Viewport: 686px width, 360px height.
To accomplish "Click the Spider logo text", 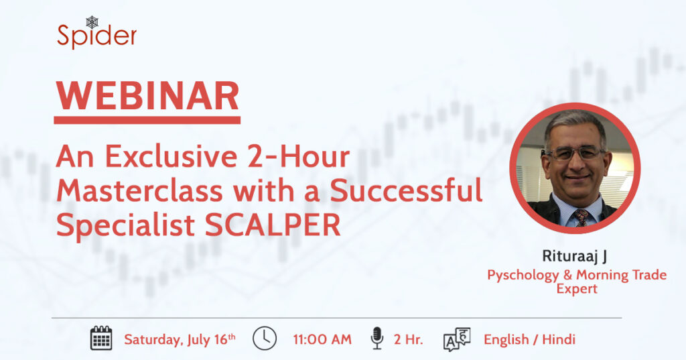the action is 96,36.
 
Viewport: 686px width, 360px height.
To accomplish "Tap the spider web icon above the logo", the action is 92,22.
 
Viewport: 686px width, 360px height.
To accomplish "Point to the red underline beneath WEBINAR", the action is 147,120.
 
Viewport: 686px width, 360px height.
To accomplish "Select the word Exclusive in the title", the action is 171,156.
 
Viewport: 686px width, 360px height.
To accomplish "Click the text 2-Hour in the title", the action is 298,156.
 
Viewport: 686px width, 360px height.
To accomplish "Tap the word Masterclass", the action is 139,191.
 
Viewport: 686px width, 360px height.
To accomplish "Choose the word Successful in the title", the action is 406,191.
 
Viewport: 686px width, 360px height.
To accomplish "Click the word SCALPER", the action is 273,225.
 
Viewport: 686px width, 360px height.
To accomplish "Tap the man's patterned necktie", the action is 581,217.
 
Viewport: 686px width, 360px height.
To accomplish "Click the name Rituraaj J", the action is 574,256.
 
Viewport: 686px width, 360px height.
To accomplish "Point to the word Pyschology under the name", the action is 523,276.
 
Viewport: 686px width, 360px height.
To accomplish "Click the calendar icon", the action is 101,338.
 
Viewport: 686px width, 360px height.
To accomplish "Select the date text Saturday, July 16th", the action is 180,339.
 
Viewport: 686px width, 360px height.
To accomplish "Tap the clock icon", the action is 265,338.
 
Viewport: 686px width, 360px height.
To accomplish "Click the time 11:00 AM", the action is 322,339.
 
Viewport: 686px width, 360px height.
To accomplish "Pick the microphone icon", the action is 376,338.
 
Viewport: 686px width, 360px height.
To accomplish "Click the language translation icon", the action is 457,339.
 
